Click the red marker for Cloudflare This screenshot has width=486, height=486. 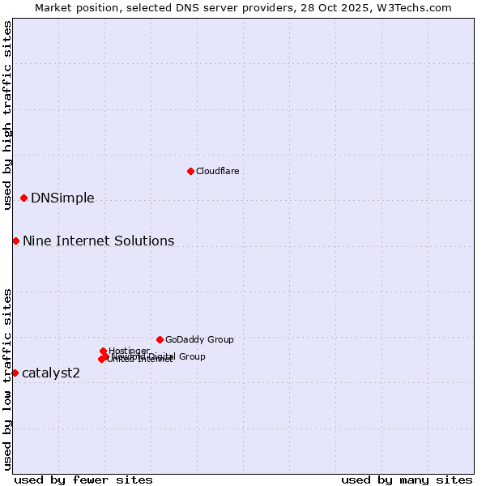[x=190, y=171]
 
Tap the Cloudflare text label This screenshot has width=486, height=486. [x=217, y=171]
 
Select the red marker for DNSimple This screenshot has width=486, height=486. [x=23, y=198]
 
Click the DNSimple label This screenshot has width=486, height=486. [x=62, y=198]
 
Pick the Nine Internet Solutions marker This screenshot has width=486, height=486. [x=15, y=241]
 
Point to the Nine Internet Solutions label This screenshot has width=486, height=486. [x=98, y=241]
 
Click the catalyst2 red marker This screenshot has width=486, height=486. [x=15, y=373]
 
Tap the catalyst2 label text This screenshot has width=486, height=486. [x=51, y=373]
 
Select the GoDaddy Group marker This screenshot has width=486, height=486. [x=160, y=339]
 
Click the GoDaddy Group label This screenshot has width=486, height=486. [x=199, y=339]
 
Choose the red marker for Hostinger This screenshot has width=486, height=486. [x=103, y=351]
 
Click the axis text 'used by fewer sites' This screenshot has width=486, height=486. [x=83, y=480]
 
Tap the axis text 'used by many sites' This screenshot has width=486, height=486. [x=407, y=480]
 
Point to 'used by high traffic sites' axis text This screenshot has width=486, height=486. [x=7, y=115]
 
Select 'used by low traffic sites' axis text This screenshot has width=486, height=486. [x=7, y=379]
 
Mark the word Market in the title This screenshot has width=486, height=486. [x=53, y=7]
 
